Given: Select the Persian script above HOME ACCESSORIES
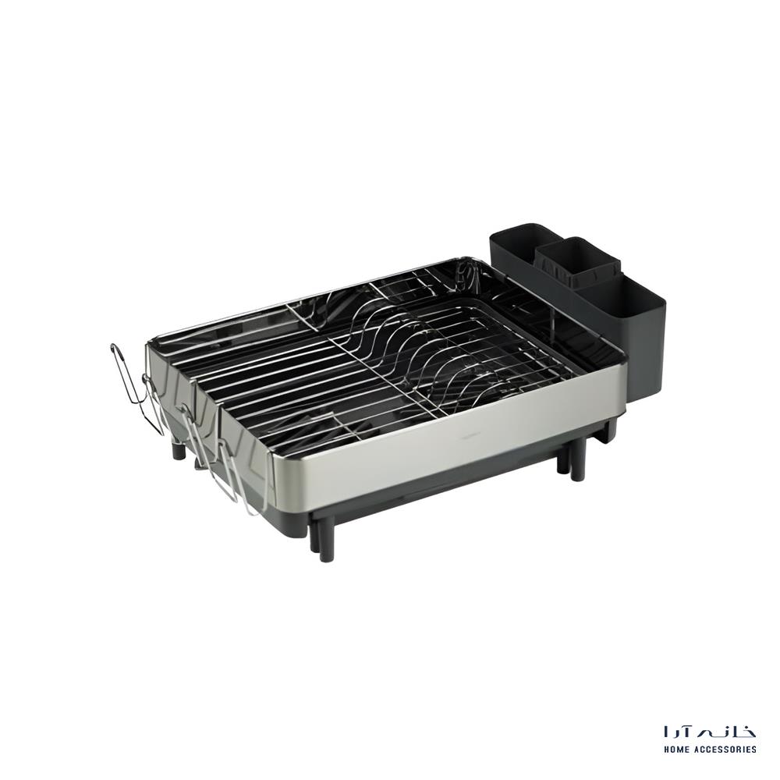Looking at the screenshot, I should tap(710, 732).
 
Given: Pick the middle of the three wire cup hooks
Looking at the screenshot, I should tap(191, 437).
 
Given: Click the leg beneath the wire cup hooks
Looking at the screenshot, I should tap(180, 448).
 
